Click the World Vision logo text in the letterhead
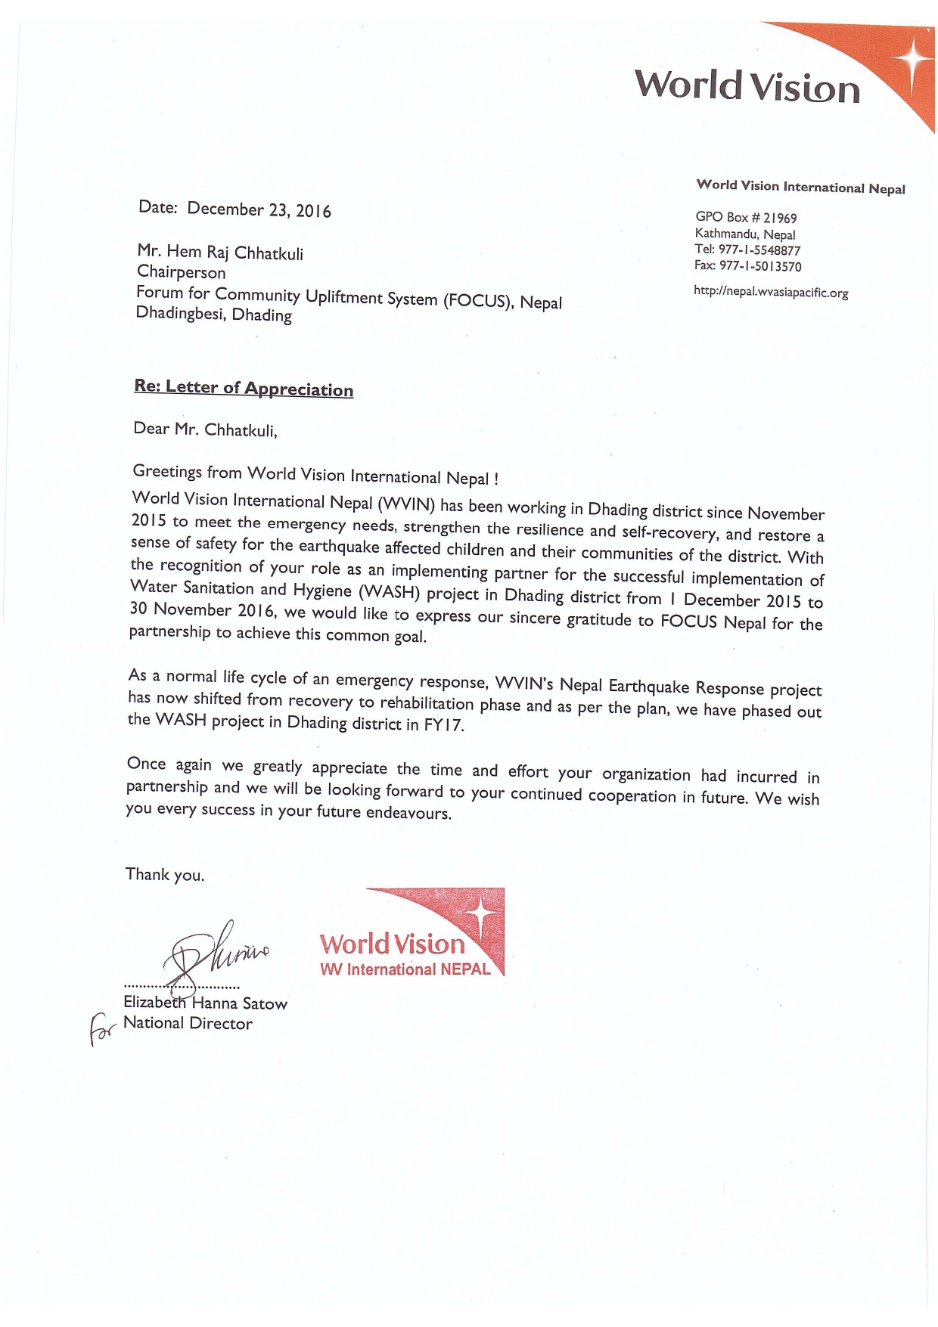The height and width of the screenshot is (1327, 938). pos(747,85)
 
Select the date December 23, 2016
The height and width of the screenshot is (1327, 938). pos(259,209)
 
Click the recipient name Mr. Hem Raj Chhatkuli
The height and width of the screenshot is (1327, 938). pos(220,252)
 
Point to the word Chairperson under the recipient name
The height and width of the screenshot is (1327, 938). pos(182,272)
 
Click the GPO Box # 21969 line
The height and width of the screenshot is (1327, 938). pos(746,218)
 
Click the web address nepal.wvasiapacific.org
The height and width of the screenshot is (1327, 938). pos(771,292)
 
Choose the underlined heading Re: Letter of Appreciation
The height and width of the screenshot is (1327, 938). pos(244,388)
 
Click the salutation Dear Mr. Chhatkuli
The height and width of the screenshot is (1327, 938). pos(205,430)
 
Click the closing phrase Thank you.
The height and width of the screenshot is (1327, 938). pos(165,875)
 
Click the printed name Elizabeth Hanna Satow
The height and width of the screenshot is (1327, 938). pos(206,1003)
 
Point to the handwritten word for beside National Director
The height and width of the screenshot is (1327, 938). pos(101,1031)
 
